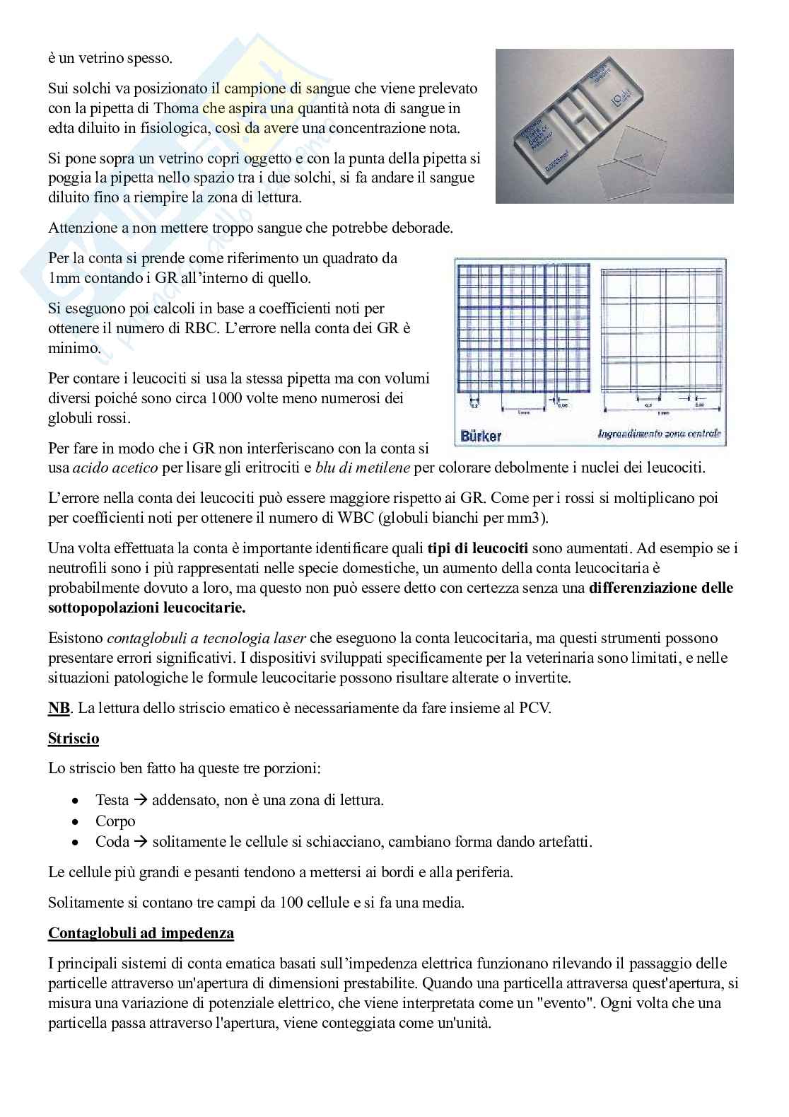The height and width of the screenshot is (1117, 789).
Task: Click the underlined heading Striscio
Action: pyautogui.click(x=74, y=739)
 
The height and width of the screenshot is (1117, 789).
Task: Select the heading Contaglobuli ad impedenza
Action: pyautogui.click(x=141, y=933)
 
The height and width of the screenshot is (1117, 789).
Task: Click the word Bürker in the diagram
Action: pyautogui.click(x=481, y=436)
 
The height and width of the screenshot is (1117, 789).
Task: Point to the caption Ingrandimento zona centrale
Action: pyautogui.click(x=659, y=433)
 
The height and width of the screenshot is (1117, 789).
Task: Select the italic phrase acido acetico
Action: pyautogui.click(x=115, y=468)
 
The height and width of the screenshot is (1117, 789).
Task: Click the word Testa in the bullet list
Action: pyautogui.click(x=112, y=800)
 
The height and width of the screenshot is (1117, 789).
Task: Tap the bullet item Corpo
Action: pyautogui.click(x=115, y=821)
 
